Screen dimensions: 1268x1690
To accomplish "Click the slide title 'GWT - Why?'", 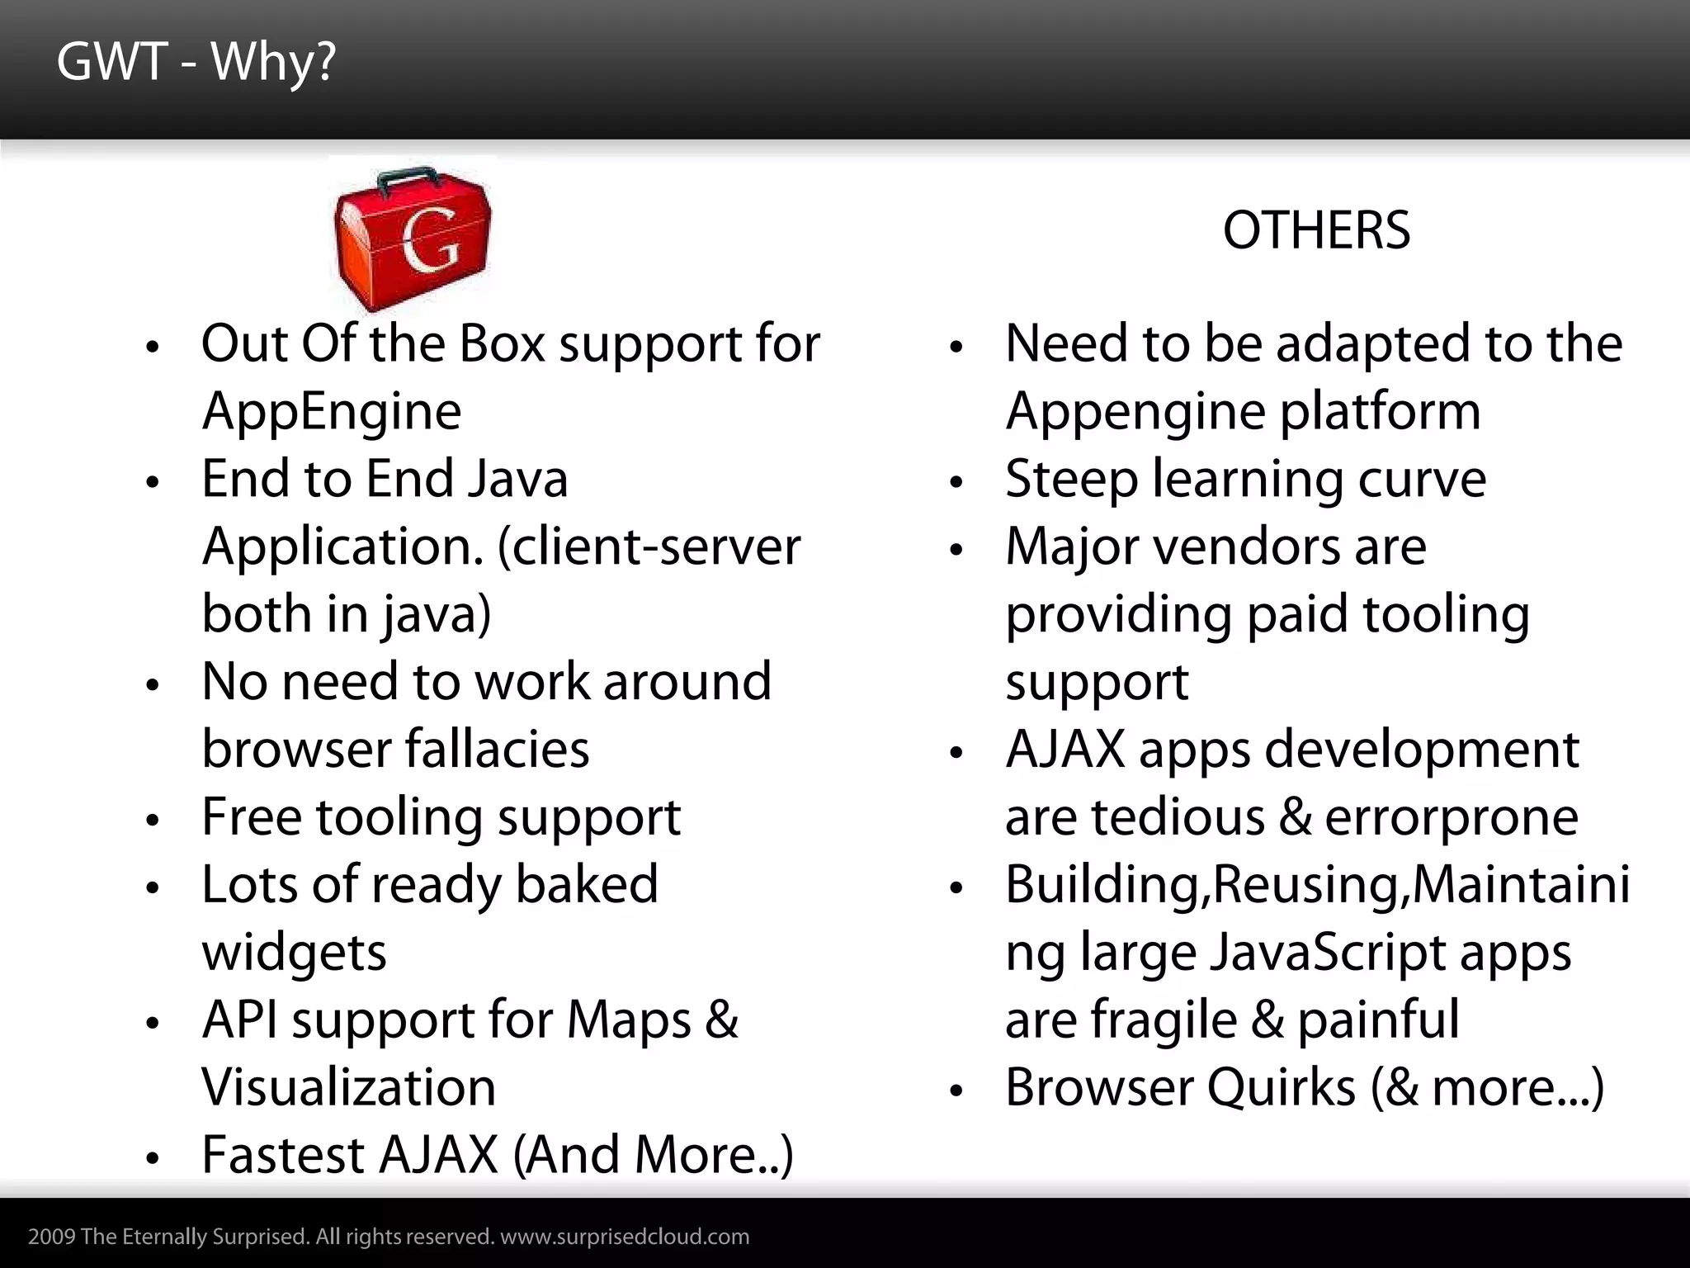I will [196, 63].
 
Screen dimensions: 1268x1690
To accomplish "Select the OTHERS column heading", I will [1316, 230].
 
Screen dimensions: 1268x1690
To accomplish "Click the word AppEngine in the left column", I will [331, 411].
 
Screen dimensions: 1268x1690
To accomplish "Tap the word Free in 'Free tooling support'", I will [251, 817].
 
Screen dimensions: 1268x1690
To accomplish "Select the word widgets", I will [294, 953].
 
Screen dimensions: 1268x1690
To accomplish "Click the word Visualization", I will [349, 1088].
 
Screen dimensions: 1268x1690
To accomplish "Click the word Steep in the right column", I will [1071, 479].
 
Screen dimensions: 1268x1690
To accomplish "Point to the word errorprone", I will [1452, 817].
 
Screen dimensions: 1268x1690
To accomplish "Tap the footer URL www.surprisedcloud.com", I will [625, 1237].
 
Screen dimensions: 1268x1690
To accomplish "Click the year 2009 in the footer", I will [52, 1237].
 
